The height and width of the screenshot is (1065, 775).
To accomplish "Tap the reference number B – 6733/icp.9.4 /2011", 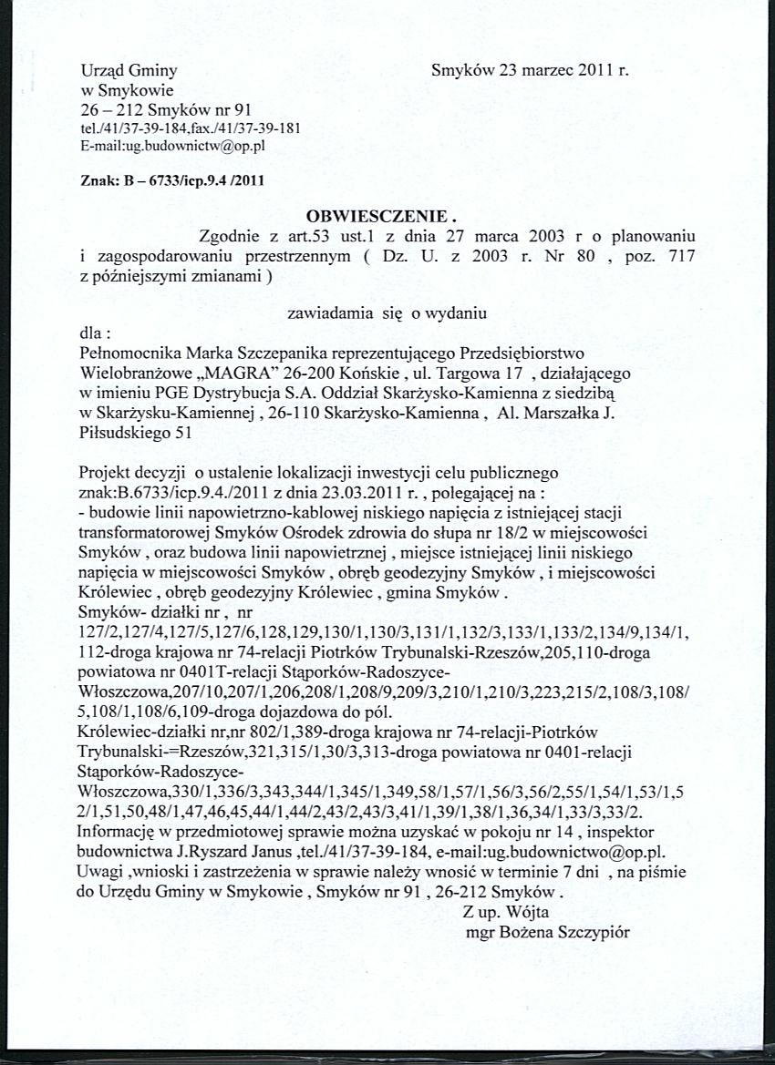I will click(x=194, y=179).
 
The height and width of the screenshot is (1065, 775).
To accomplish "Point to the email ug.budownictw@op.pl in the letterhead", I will click(x=191, y=144).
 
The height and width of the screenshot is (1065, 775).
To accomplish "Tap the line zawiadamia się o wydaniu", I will click(x=387, y=312).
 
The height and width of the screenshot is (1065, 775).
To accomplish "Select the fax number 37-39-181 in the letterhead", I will click(x=270, y=128).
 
